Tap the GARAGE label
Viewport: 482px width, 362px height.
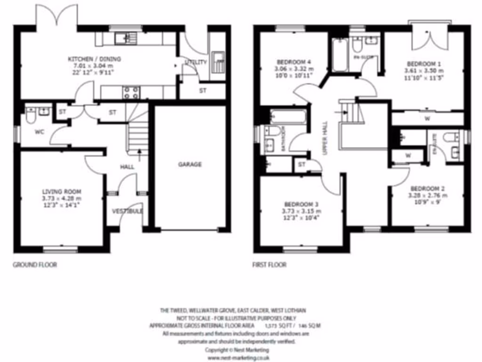click(x=190, y=165)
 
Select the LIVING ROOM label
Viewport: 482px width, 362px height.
click(x=61, y=191)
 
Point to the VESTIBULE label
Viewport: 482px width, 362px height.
click(x=127, y=211)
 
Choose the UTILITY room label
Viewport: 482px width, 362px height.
click(x=195, y=62)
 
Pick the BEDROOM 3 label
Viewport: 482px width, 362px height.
click(x=300, y=204)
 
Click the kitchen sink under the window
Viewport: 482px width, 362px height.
click(x=126, y=38)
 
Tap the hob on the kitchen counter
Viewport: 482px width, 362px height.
click(x=130, y=91)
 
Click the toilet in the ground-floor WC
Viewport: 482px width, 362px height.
click(x=32, y=115)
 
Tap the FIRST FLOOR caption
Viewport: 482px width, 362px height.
click(x=269, y=265)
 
